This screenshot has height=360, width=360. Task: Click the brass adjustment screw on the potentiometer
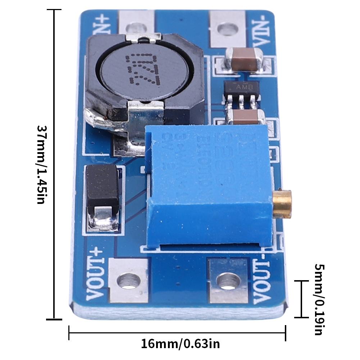(x=282, y=204)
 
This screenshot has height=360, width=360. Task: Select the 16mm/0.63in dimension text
(x=180, y=344)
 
